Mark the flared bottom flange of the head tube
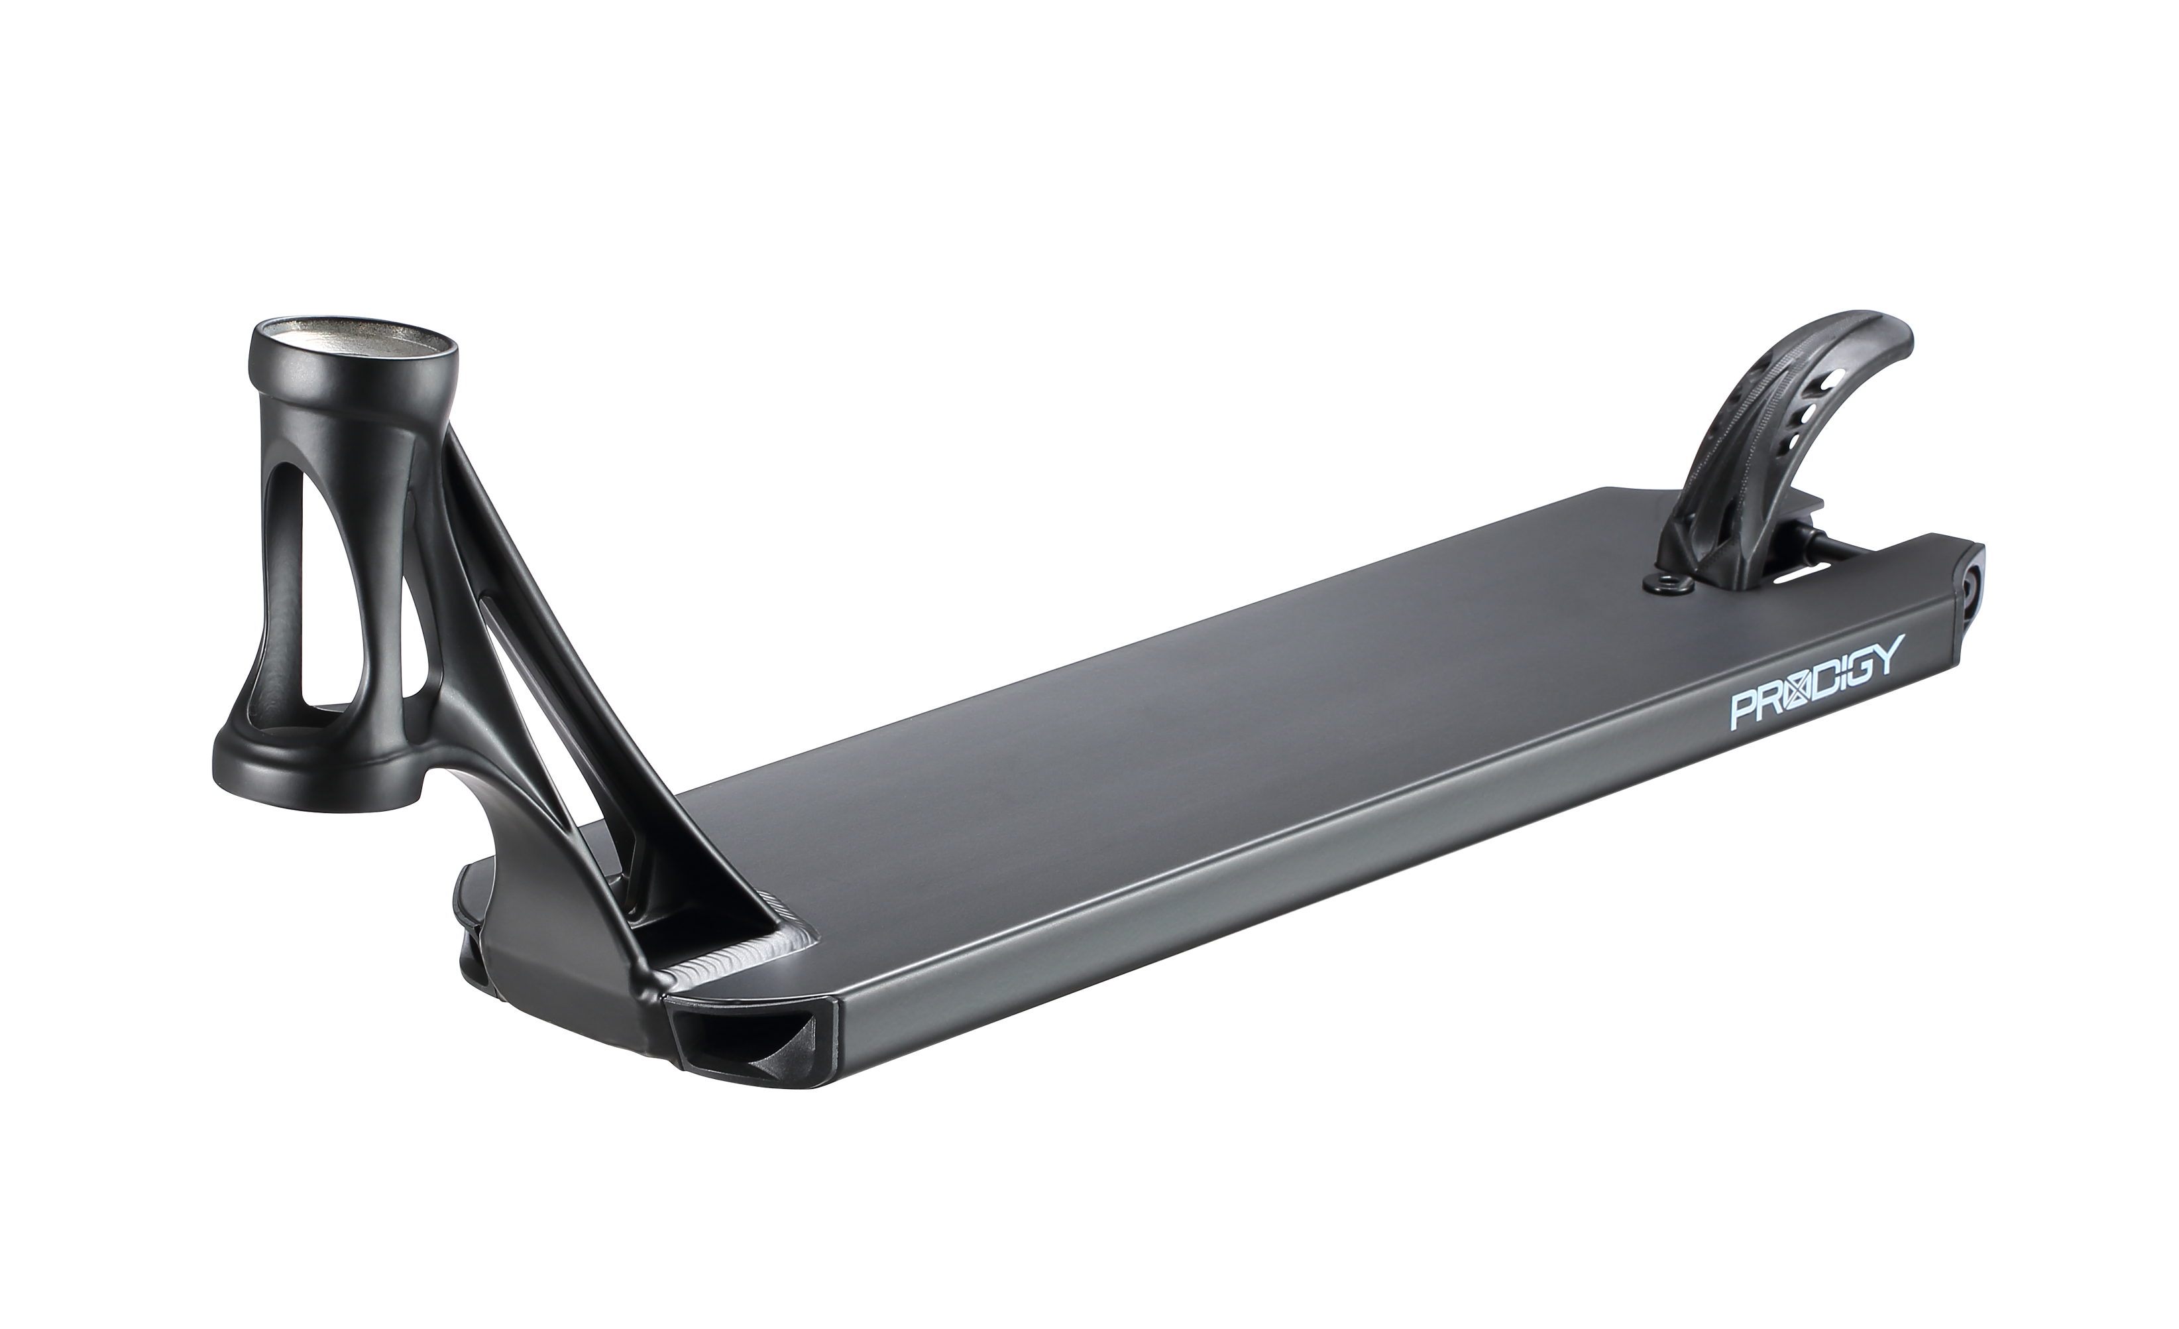click(x=318, y=761)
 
